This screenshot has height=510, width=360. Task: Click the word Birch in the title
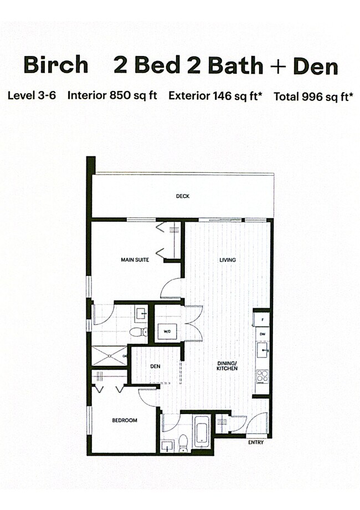tap(56, 64)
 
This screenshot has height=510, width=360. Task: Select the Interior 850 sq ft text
tap(112, 95)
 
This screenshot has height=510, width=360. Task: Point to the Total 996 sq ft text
tap(313, 96)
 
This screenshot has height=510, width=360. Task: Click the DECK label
tap(183, 196)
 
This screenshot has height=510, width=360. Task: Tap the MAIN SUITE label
tap(135, 259)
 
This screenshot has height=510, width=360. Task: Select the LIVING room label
tap(228, 259)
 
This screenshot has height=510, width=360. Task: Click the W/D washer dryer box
tap(167, 331)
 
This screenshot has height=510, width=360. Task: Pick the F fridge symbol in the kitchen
tap(263, 319)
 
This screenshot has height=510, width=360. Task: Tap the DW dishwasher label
tap(263, 334)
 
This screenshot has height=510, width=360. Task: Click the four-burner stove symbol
tap(262, 376)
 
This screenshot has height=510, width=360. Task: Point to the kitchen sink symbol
tap(263, 350)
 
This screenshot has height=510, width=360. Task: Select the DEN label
tap(155, 366)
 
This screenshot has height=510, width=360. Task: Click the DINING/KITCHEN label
tap(227, 366)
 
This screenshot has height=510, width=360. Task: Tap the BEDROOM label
tap(125, 420)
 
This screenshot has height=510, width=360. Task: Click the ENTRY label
tap(256, 442)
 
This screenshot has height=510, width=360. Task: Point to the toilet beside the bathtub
tap(183, 443)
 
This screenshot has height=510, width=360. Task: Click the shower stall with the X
tap(110, 356)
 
